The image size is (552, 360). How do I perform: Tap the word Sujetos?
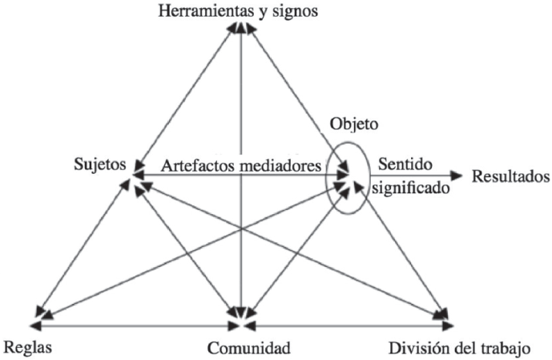(x=98, y=166)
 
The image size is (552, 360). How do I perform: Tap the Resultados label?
(x=510, y=175)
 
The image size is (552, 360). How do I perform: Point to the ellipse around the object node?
(x=327, y=178)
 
